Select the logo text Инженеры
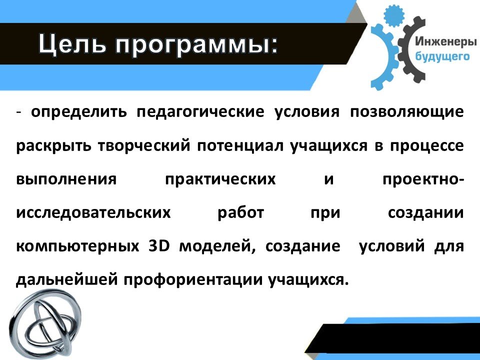pos(445,41)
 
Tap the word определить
pos(78,112)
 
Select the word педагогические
pos(200,112)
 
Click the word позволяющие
pos(407,112)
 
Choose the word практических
pos(220,179)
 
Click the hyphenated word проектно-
pos(423,179)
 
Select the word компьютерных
pos(77,246)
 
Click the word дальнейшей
pos(66,279)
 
